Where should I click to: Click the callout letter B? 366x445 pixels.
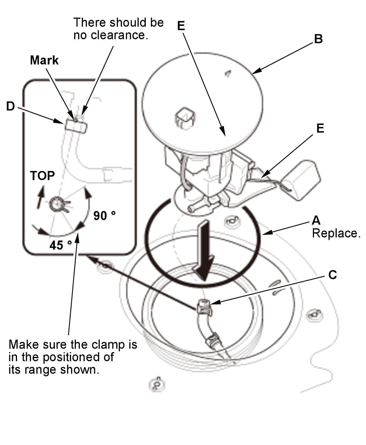point(318,39)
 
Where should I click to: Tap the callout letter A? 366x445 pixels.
point(316,220)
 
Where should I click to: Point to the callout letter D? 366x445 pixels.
point(11,106)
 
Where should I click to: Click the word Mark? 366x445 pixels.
point(44,60)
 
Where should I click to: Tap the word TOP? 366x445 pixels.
point(42,176)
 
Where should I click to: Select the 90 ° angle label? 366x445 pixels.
point(105,216)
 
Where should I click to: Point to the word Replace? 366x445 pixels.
point(336,233)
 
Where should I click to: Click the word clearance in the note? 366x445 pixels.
point(120,35)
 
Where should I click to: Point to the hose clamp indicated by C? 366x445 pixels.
point(204,308)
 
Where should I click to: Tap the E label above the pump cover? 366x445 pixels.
point(181,26)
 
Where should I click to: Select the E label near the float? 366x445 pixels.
point(320,128)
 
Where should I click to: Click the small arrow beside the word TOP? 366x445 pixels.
point(41,197)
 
